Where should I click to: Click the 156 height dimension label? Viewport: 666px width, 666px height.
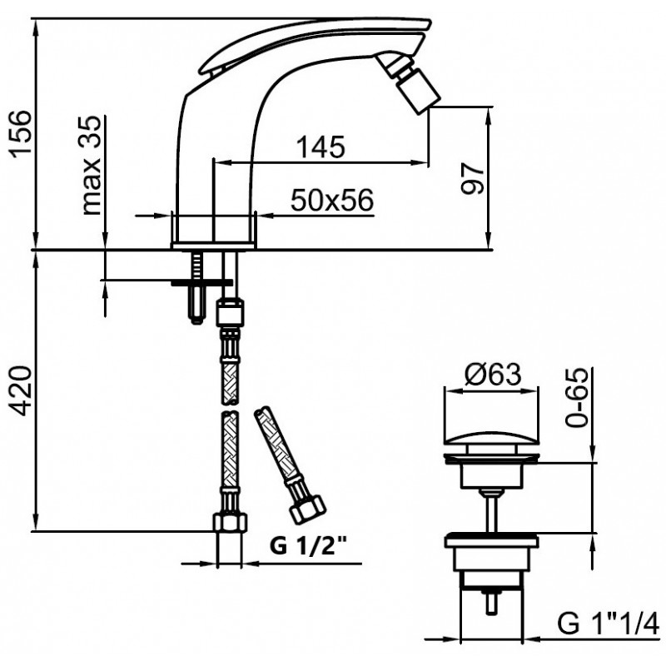click(20, 133)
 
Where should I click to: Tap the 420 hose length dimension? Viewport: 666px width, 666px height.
click(20, 391)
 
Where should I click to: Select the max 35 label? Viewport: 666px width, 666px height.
click(91, 165)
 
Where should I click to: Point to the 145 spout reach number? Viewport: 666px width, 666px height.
click(321, 147)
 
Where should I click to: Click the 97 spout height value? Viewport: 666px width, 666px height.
click(472, 177)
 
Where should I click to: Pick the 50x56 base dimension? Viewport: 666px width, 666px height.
click(332, 200)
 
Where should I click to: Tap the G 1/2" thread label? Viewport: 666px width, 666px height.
click(309, 545)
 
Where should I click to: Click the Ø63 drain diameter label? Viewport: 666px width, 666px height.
click(493, 375)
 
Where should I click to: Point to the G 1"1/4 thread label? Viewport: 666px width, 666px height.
click(609, 624)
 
